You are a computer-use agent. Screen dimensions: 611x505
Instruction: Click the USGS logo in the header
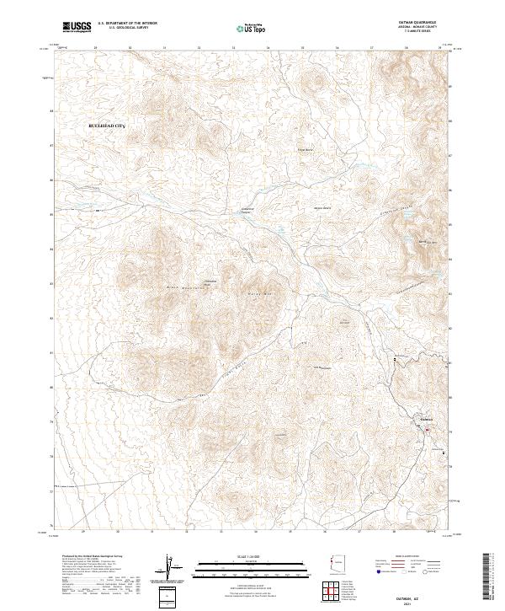pyautogui.click(x=77, y=27)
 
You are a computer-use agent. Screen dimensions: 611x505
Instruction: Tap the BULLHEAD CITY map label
pyautogui.click(x=106, y=126)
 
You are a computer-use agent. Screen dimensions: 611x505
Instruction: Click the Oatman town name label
pyautogui.click(x=425, y=419)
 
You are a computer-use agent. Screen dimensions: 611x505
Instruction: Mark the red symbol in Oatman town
pyautogui.click(x=426, y=431)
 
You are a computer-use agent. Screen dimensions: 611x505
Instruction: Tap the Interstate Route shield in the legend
pyautogui.click(x=376, y=572)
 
